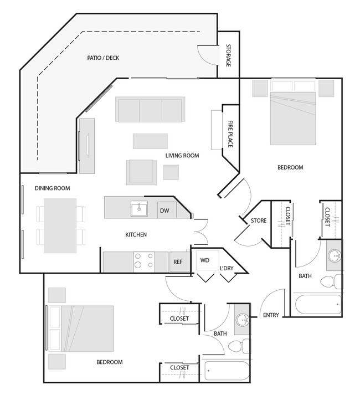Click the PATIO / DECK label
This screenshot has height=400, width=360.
click(103, 58)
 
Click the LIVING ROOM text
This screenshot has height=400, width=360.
click(182, 156)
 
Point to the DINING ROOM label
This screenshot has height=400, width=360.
click(52, 188)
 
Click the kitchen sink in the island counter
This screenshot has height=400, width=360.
click(138, 208)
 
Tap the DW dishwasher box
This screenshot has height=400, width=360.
click(165, 211)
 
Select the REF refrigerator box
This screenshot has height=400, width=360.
click(178, 262)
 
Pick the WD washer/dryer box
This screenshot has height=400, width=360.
click(204, 260)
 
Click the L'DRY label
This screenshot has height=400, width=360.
click(226, 268)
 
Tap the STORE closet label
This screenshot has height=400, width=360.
click(259, 220)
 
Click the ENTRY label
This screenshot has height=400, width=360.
click(271, 315)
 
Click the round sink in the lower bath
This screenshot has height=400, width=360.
click(241, 320)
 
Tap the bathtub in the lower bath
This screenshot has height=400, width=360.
click(228, 370)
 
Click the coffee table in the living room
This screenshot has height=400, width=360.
click(150, 141)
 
